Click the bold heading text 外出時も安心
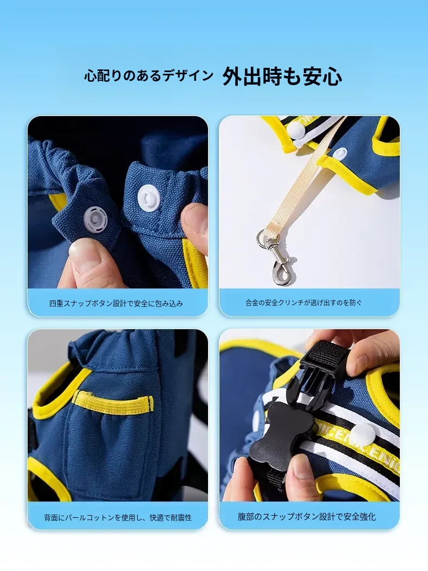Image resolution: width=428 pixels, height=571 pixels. click(282, 76)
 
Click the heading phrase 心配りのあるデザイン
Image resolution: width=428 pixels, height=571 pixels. click(148, 76)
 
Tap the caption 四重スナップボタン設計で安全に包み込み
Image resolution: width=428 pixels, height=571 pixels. click(116, 303)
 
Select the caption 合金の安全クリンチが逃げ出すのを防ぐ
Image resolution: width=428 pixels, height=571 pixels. click(304, 302)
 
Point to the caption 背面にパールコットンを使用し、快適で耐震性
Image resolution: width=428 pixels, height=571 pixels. click(118, 517)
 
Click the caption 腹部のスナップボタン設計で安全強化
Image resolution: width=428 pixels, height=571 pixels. click(307, 516)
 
